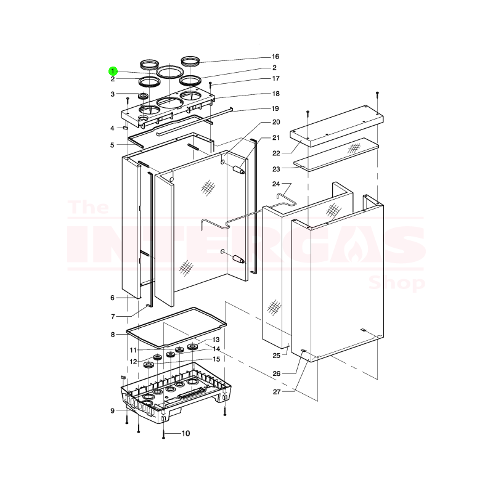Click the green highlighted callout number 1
[x=113, y=71]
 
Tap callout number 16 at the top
[x=275, y=57]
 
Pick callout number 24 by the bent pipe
[x=276, y=184]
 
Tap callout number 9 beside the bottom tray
[x=113, y=410]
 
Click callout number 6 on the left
[x=113, y=298]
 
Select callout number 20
[x=275, y=122]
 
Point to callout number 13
[x=216, y=340]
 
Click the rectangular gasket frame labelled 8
[x=176, y=326]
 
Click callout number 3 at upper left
[x=113, y=94]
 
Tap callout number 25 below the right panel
[x=276, y=356]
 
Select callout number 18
[x=275, y=94]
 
